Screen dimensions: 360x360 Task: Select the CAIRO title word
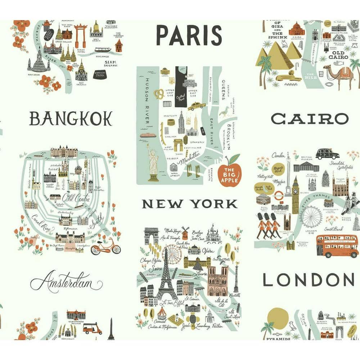(310, 119)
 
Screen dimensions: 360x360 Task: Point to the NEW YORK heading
(190, 204)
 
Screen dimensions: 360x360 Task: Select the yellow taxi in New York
(197, 105)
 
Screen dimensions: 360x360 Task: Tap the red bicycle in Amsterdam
(106, 246)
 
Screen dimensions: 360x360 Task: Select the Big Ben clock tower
(295, 194)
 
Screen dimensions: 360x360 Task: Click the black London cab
(327, 154)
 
